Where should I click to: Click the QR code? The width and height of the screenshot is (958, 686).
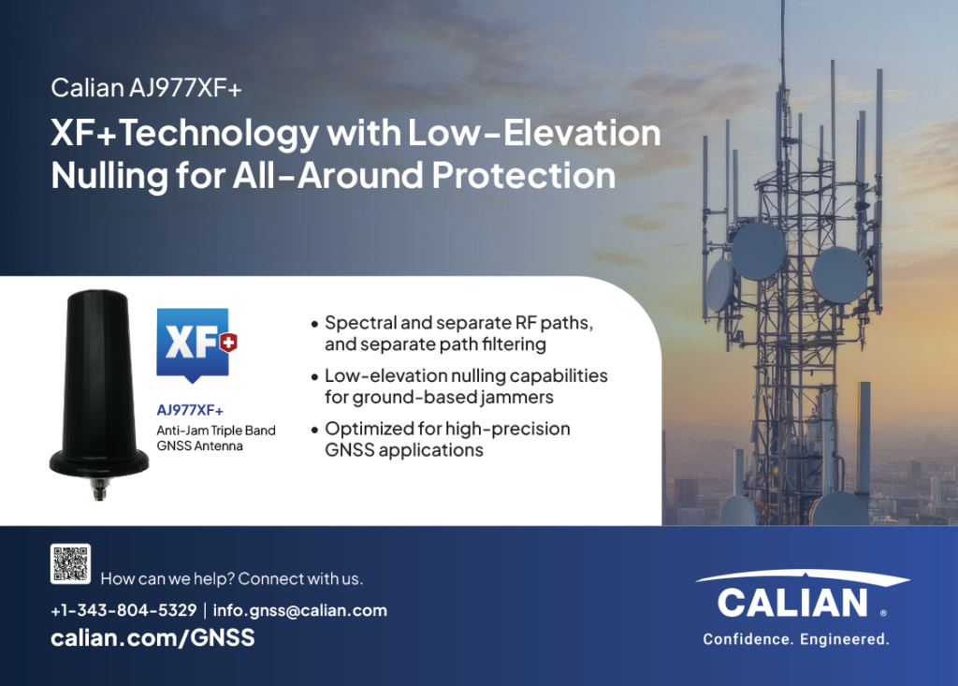click(x=70, y=563)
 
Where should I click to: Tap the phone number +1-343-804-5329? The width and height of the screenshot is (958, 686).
click(x=123, y=610)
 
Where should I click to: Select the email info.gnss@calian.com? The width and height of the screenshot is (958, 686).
click(x=300, y=610)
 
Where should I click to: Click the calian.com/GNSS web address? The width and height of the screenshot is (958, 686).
click(x=152, y=637)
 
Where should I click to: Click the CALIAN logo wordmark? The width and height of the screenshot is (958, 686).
click(x=792, y=603)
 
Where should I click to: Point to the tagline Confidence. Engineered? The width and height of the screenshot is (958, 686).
click(x=796, y=639)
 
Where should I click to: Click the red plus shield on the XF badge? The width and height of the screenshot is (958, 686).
click(x=228, y=343)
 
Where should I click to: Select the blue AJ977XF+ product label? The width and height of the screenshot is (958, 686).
click(x=190, y=410)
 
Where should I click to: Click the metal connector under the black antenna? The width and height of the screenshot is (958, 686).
click(x=99, y=489)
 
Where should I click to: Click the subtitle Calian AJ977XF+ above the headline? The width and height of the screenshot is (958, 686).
click(x=147, y=88)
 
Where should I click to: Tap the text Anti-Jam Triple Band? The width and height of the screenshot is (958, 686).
click(x=216, y=431)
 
